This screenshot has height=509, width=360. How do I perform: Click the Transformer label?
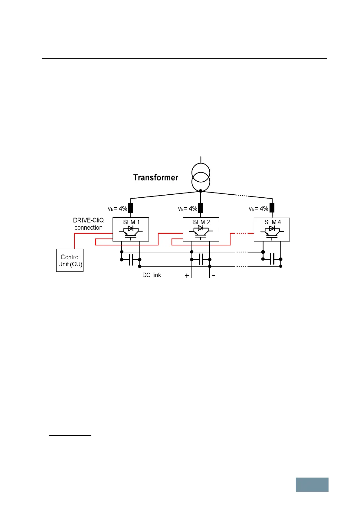(155, 177)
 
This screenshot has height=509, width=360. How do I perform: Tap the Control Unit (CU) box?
(70, 260)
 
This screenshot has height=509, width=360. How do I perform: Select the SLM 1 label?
(131, 222)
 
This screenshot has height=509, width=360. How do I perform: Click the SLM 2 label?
(201, 222)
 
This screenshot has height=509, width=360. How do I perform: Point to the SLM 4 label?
(273, 222)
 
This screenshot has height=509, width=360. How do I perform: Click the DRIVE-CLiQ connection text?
(88, 224)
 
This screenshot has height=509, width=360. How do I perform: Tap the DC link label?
(152, 275)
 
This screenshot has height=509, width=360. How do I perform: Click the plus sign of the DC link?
(187, 276)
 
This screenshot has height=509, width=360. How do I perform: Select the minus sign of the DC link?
(214, 275)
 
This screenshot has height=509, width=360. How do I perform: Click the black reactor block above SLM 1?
(131, 208)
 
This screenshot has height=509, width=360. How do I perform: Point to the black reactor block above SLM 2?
(201, 208)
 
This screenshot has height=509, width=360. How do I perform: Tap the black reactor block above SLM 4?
(272, 208)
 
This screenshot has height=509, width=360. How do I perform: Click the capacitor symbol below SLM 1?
(131, 260)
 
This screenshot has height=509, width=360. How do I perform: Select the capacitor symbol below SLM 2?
(201, 259)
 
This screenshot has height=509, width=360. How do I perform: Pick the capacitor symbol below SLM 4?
(272, 259)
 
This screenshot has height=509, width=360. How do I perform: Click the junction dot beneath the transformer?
(201, 191)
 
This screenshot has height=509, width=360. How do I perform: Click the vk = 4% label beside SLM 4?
(258, 209)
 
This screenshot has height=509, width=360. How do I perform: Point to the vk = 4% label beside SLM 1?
(117, 209)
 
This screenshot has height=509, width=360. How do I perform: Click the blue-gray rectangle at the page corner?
(312, 485)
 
